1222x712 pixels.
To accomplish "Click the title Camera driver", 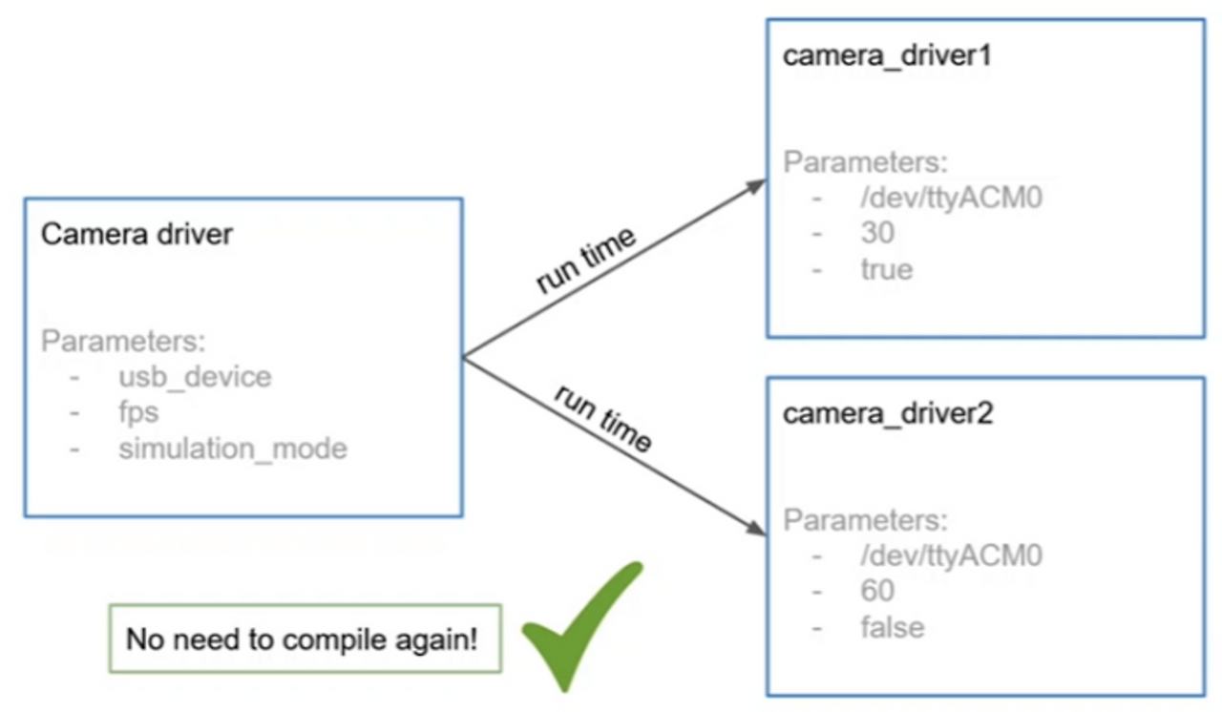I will pos(137,234).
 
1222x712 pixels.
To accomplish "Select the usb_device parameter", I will pos(195,376).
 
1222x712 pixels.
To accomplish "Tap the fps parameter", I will pos(138,412).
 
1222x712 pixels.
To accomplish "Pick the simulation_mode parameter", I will pos(232,448).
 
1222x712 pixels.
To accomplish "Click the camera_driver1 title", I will pos(887,54).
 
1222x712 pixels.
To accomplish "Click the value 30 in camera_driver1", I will pos(877,233).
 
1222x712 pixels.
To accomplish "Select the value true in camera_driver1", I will pos(887,269).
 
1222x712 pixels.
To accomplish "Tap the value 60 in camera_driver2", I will pos(877,591).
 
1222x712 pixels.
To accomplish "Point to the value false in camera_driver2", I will pos(892,627).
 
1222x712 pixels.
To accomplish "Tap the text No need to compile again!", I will pos(303,639).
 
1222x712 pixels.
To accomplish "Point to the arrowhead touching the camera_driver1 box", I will pos(756,185).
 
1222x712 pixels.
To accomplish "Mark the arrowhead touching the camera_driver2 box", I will pos(756,528).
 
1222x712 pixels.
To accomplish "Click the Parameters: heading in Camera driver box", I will pos(124,341).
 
